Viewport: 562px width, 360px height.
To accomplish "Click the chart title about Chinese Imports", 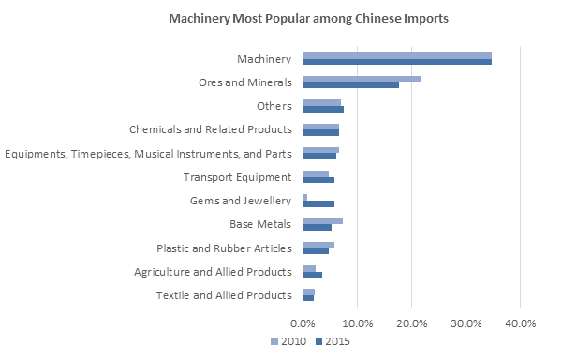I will click(x=308, y=18).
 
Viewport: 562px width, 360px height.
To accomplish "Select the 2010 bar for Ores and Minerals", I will click(x=362, y=79).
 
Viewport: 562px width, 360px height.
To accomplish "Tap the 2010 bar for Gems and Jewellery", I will click(x=305, y=197).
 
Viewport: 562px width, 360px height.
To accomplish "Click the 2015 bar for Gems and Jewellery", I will click(x=318, y=203).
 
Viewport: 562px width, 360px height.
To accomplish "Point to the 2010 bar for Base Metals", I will click(x=323, y=220).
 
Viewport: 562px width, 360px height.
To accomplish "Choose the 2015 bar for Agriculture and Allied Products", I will click(x=313, y=275).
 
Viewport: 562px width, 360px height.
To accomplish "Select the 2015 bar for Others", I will click(x=323, y=109).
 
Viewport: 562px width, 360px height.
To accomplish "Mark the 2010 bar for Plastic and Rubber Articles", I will click(x=318, y=245).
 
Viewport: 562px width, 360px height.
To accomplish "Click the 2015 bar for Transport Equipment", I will click(x=318, y=179).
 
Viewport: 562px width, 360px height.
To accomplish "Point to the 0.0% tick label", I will click(x=303, y=323).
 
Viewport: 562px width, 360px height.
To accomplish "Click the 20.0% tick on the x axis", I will click(x=412, y=323).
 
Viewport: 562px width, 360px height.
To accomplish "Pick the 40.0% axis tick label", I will click(x=520, y=323).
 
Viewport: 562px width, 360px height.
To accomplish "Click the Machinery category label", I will click(x=266, y=59).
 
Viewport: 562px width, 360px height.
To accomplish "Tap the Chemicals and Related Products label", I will click(x=210, y=129).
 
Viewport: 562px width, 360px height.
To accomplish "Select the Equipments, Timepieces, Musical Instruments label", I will click(x=148, y=153).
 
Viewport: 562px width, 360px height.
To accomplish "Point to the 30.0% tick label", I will click(x=466, y=323).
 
